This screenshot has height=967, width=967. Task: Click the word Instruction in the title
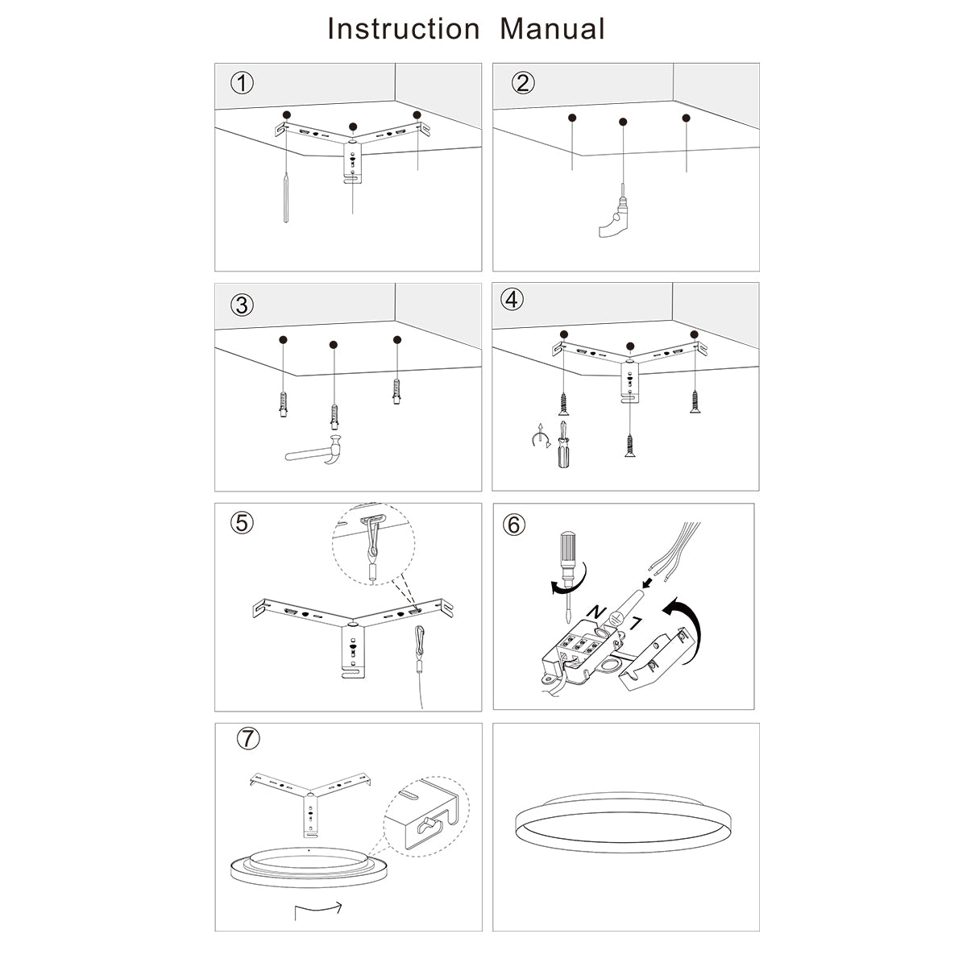click(403, 29)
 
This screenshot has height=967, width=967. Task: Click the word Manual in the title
click(552, 29)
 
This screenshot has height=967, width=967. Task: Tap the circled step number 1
click(242, 83)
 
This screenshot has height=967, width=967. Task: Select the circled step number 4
click(512, 300)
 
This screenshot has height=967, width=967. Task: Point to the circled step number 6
click(514, 525)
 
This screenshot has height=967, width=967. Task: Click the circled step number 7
click(249, 737)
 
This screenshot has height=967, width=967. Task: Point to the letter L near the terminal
click(635, 621)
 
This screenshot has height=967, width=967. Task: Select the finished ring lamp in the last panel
click(625, 826)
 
